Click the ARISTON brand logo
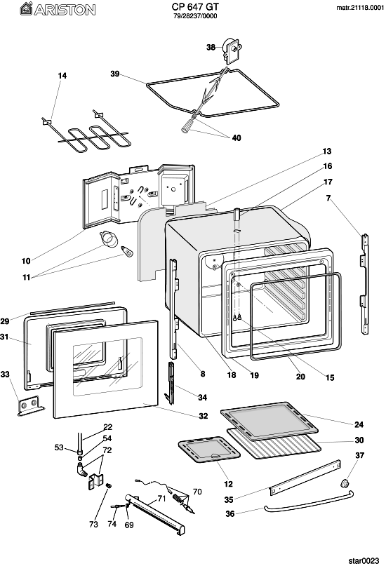pyautogui.click(x=58, y=9)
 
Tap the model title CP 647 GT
pyautogui.click(x=195, y=7)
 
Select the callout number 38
pyautogui.click(x=211, y=47)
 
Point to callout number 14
pyautogui.click(x=62, y=76)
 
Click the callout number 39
pyautogui.click(x=115, y=74)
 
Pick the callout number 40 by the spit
pyautogui.click(x=236, y=138)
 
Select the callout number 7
pyautogui.click(x=328, y=198)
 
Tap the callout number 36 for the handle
pyautogui.click(x=230, y=513)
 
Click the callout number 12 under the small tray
pyautogui.click(x=228, y=484)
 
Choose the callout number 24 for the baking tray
pyautogui.click(x=359, y=424)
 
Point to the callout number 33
pyautogui.click(x=5, y=375)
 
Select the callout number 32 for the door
pyautogui.click(x=204, y=416)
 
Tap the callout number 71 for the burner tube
pyautogui.click(x=161, y=499)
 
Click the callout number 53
pyautogui.click(x=59, y=447)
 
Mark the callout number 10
pyautogui.click(x=26, y=261)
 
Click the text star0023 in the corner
pyautogui.click(x=364, y=560)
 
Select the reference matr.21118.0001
pyautogui.click(x=360, y=8)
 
